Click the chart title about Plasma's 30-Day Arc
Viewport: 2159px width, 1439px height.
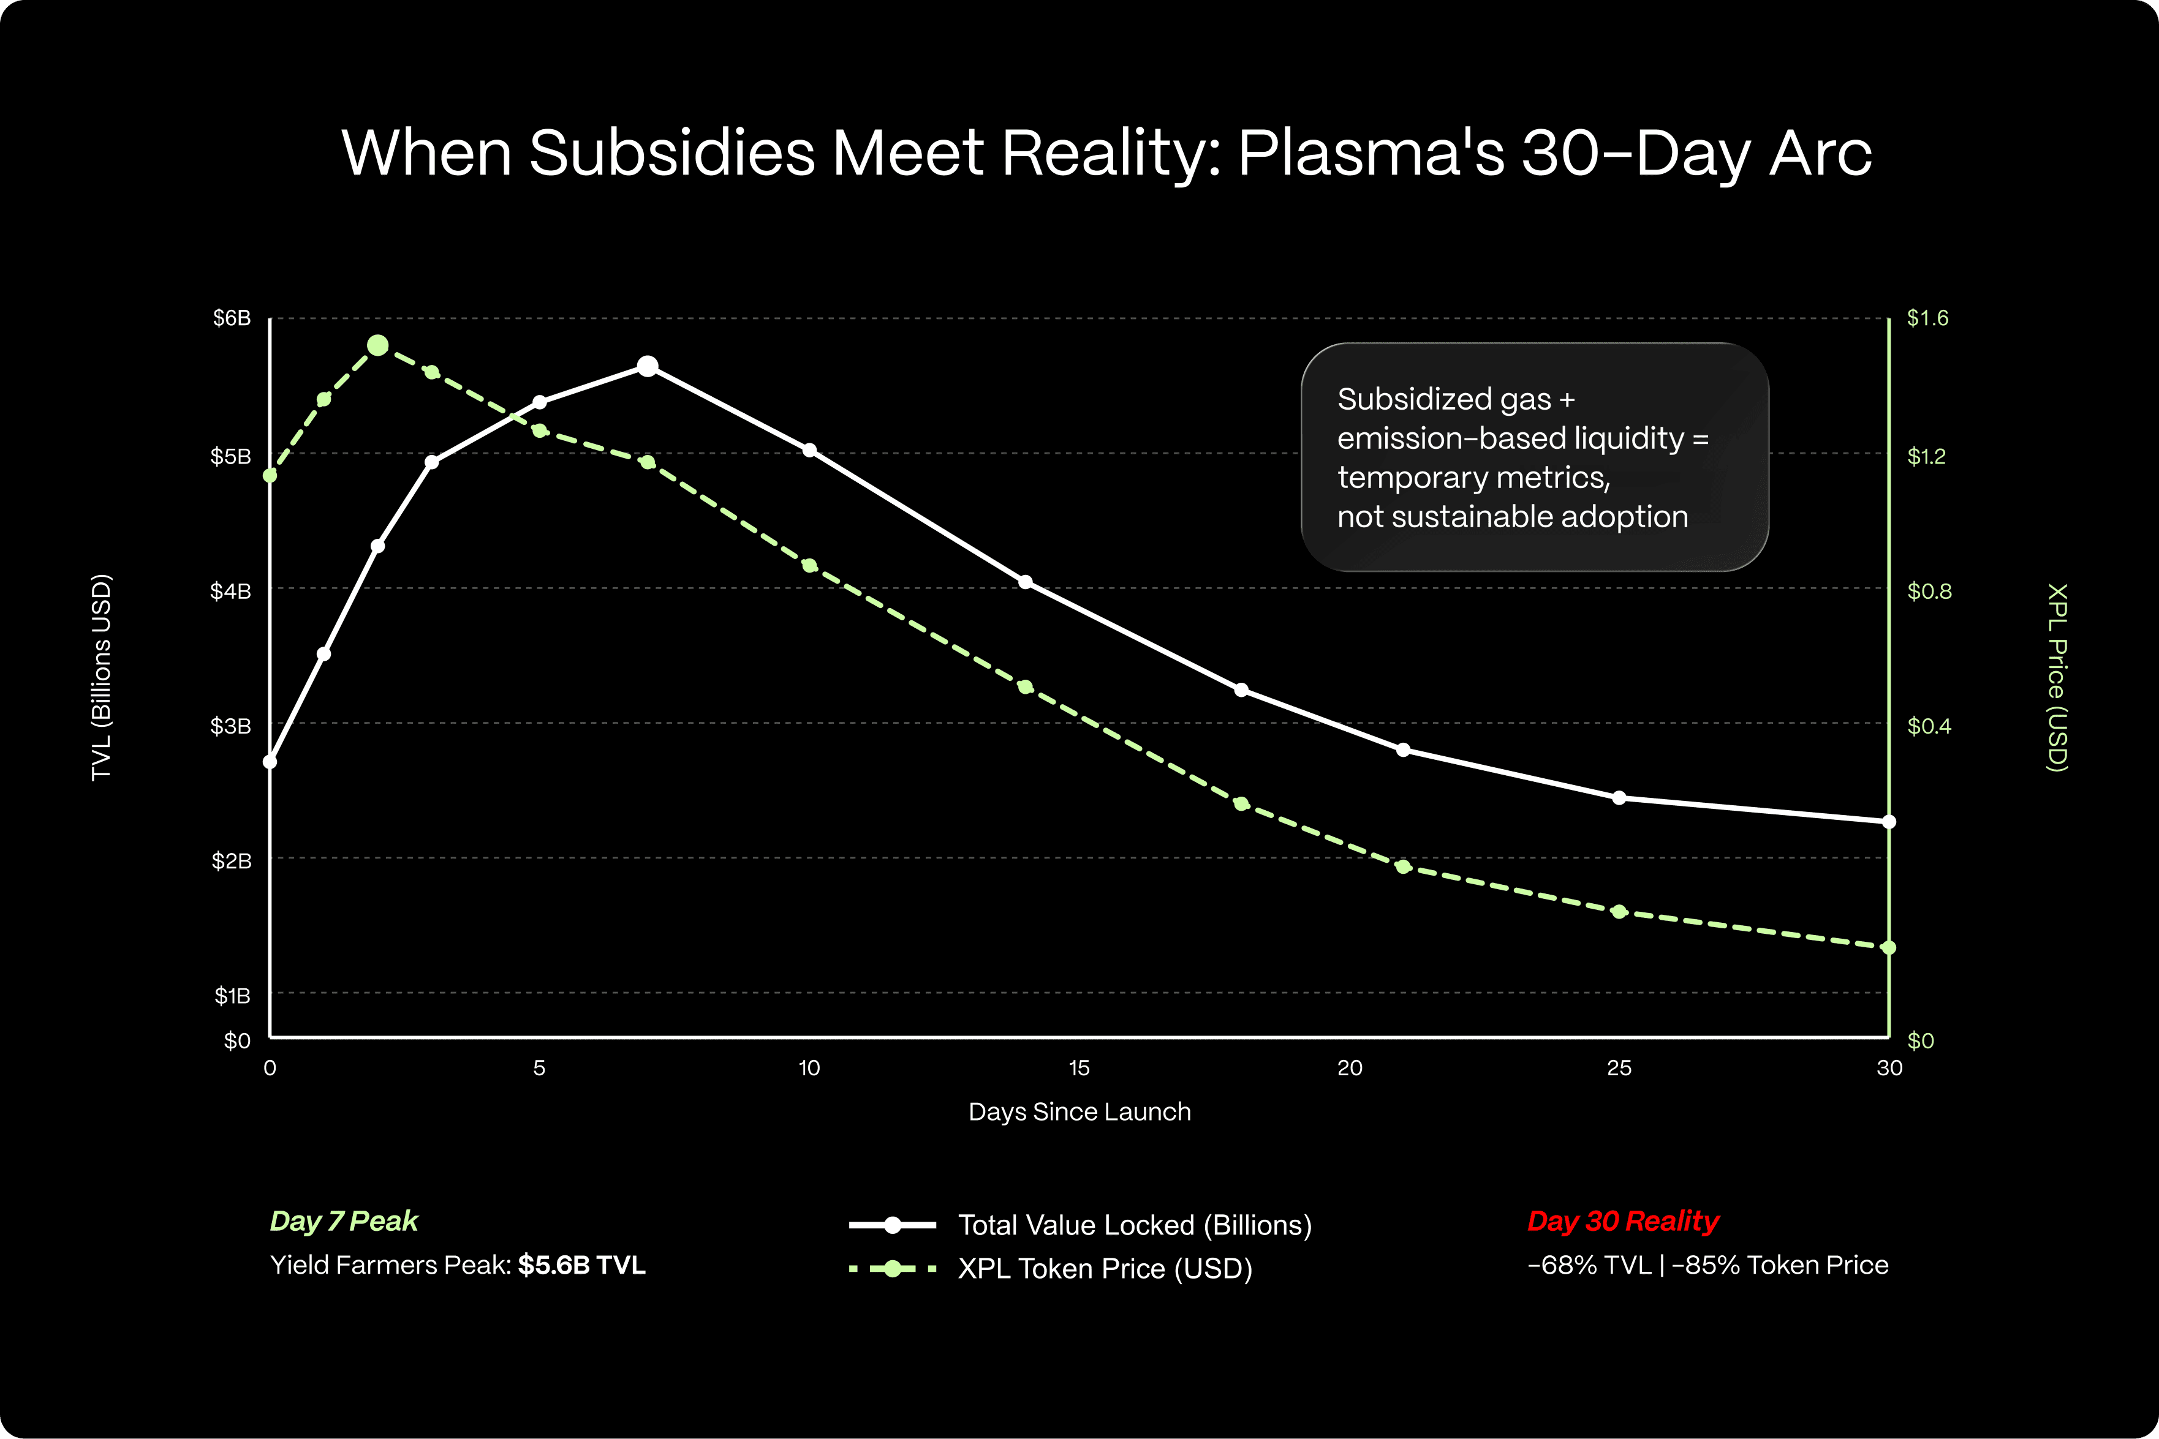[1106, 152]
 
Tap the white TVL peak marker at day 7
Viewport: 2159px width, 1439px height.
[647, 366]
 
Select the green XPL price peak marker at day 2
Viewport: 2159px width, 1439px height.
[377, 345]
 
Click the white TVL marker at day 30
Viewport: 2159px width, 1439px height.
[1888, 821]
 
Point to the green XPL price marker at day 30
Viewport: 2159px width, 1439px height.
[1888, 947]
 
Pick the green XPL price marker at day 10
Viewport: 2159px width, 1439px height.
[809, 565]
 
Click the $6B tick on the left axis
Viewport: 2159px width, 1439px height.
[232, 318]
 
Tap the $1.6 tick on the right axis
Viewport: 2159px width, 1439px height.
[1927, 318]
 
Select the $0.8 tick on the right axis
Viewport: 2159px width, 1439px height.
[1929, 591]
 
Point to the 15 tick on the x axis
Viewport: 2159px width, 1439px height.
[1079, 1069]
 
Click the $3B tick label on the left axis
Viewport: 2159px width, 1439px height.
[230, 726]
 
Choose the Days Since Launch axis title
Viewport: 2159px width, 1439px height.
[1079, 1111]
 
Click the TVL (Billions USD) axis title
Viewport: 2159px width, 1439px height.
[101, 677]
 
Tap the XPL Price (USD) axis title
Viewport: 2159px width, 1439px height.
[2057, 677]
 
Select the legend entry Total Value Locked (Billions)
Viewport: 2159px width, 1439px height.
[1135, 1225]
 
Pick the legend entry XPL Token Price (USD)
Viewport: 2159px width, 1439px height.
[1104, 1268]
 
